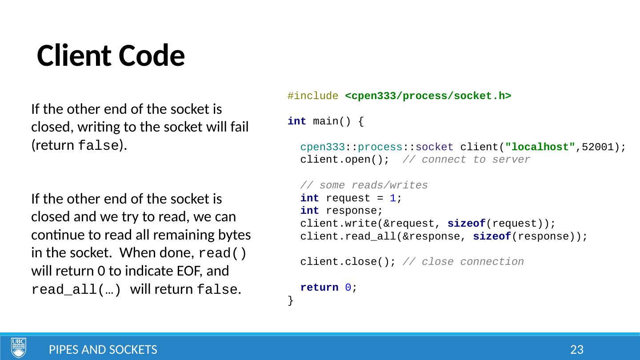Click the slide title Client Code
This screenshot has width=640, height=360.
click(111, 56)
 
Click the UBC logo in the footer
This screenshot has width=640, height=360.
click(19, 348)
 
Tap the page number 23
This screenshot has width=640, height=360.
click(576, 350)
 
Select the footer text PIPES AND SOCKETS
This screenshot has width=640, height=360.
click(103, 350)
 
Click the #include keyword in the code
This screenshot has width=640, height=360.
click(313, 96)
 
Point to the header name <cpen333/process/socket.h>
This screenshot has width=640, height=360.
click(428, 96)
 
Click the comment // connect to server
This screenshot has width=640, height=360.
click(466, 160)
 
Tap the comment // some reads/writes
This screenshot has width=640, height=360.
click(364, 185)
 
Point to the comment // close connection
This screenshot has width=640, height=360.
click(463, 262)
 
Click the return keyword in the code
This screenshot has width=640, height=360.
click(319, 288)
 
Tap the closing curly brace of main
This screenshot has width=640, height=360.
click(291, 301)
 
